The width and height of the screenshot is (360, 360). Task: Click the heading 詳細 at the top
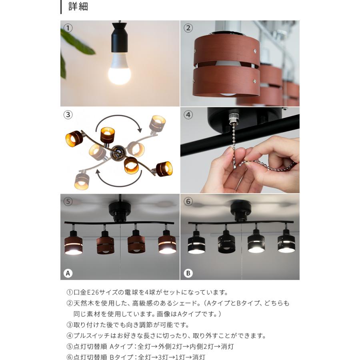pyautogui.click(x=78, y=7)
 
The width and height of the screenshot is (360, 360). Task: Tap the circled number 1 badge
pyautogui.click(x=68, y=28)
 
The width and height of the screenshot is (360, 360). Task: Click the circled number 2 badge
pyautogui.click(x=188, y=28)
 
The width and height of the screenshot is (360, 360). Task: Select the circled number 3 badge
pyautogui.click(x=68, y=115)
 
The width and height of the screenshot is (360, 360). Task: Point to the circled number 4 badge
pyautogui.click(x=188, y=115)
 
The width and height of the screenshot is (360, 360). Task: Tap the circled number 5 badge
pyautogui.click(x=68, y=202)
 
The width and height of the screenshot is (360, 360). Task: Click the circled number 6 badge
pyautogui.click(x=188, y=202)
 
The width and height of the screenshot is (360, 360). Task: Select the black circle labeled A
pyautogui.click(x=68, y=273)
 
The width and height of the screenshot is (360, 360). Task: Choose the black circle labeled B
pyautogui.click(x=188, y=273)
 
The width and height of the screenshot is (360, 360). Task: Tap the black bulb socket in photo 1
pyautogui.click(x=119, y=40)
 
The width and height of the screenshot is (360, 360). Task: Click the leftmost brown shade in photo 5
pyautogui.click(x=74, y=245)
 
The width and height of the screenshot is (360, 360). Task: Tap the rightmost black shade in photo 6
pyautogui.click(x=286, y=243)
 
